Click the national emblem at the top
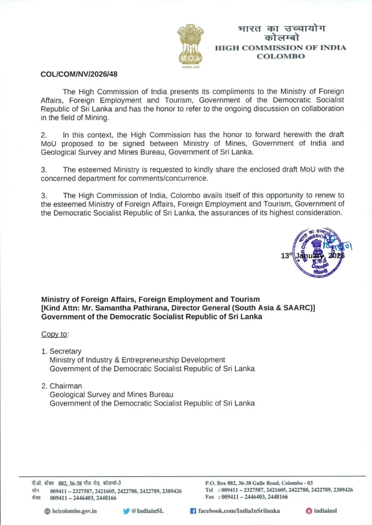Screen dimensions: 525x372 [190, 45]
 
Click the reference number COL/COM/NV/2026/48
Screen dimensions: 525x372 [79, 74]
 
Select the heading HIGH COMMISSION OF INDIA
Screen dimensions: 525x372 [280, 48]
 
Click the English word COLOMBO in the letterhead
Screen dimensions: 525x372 [280, 56]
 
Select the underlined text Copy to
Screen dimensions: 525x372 [54, 334]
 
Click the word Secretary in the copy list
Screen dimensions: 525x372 [65, 351]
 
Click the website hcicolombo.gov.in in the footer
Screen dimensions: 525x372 [74, 511]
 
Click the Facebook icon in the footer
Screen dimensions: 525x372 [193, 511]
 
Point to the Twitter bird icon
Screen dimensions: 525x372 [126, 511]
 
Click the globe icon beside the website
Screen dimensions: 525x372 [48, 511]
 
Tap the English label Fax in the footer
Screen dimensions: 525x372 [210, 497]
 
